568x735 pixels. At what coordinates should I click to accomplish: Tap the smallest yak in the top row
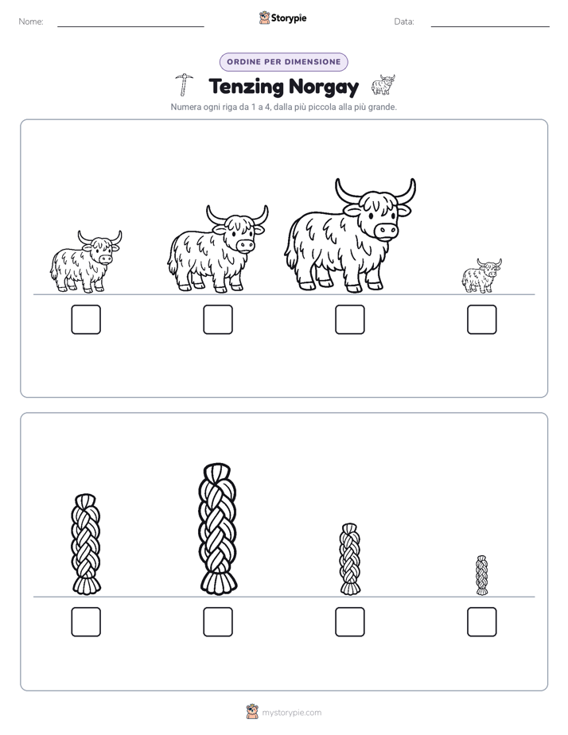tap(481, 275)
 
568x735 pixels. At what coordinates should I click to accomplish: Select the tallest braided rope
tap(218, 529)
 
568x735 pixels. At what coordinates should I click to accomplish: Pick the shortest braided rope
tap(482, 575)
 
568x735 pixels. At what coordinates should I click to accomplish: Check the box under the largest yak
tap(349, 320)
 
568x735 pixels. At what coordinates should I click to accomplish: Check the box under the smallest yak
tap(482, 320)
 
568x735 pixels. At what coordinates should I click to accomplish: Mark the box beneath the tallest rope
tap(218, 622)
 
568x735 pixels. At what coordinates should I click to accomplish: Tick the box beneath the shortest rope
tap(482, 622)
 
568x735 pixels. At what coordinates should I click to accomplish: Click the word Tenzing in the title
tap(247, 87)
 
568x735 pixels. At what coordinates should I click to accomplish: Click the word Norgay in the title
tap(324, 87)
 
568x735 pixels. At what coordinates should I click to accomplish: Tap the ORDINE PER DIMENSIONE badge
tap(284, 62)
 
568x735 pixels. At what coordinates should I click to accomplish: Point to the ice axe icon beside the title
tap(185, 84)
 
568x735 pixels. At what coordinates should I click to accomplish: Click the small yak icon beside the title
tap(383, 85)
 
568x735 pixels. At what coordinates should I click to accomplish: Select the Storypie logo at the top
tap(283, 18)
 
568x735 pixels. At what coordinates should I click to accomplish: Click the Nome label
tap(31, 21)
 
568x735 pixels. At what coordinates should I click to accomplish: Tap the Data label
tap(404, 21)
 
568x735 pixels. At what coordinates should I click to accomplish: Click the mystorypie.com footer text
tap(291, 713)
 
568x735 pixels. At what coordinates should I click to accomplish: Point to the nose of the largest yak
tap(386, 231)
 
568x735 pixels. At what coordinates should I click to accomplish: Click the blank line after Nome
tap(130, 27)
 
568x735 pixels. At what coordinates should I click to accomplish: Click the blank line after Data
tap(490, 27)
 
